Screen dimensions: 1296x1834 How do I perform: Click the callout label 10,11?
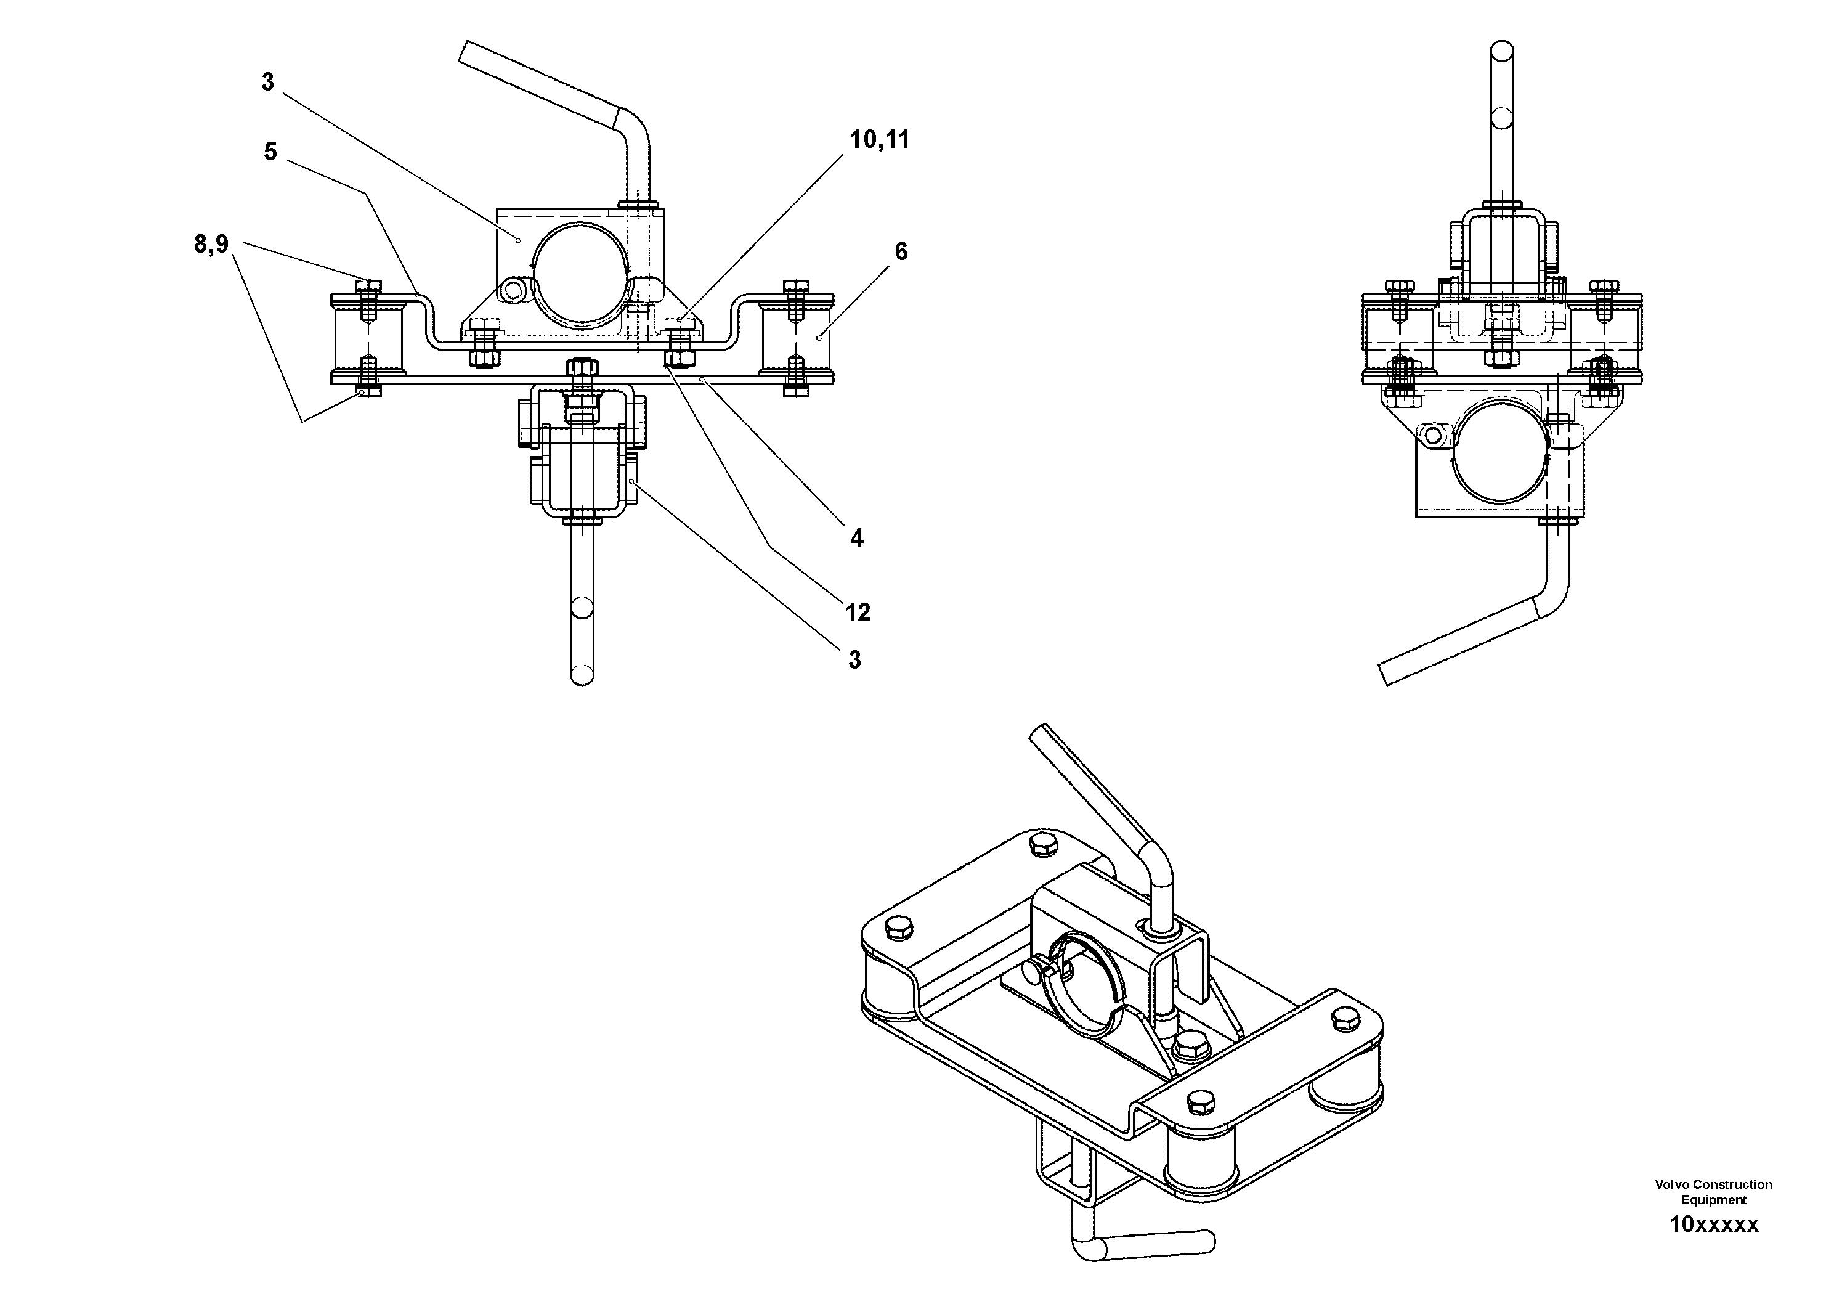tap(878, 140)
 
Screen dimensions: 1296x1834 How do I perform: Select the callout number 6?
tap(900, 251)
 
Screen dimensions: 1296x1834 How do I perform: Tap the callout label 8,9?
tap(211, 243)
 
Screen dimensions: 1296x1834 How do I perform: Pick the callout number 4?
tap(856, 539)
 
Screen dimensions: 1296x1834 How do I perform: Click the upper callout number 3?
tap(267, 81)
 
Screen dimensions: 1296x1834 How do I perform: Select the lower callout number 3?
tap(854, 660)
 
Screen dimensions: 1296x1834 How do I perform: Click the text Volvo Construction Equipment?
tap(1713, 1192)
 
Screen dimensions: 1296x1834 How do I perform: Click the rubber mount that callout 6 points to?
tap(795, 336)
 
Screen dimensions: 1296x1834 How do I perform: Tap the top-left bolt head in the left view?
tap(368, 286)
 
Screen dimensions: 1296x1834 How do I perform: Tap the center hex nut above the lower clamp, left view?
tap(581, 369)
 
